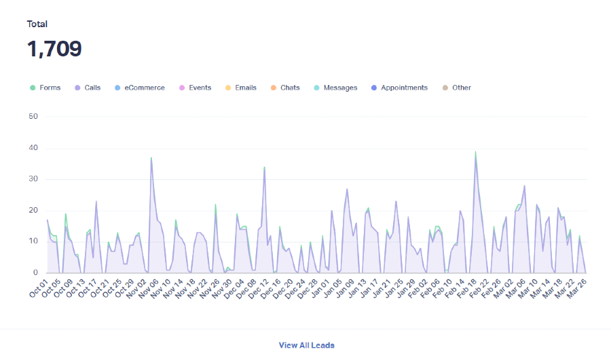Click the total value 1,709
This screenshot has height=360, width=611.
pyautogui.click(x=54, y=49)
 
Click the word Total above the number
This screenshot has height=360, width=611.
pyautogui.click(x=37, y=24)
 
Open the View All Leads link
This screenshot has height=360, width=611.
pyautogui.click(x=306, y=345)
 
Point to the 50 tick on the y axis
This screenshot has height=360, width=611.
pyautogui.click(x=32, y=117)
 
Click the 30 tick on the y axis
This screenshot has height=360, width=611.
pyautogui.click(x=32, y=179)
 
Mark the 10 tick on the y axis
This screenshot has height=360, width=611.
pyautogui.click(x=32, y=242)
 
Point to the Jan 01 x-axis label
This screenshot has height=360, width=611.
pyautogui.click(x=316, y=288)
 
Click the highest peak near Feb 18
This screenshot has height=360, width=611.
pyautogui.click(x=475, y=151)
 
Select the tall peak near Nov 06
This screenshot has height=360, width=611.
pyautogui.click(x=151, y=158)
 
